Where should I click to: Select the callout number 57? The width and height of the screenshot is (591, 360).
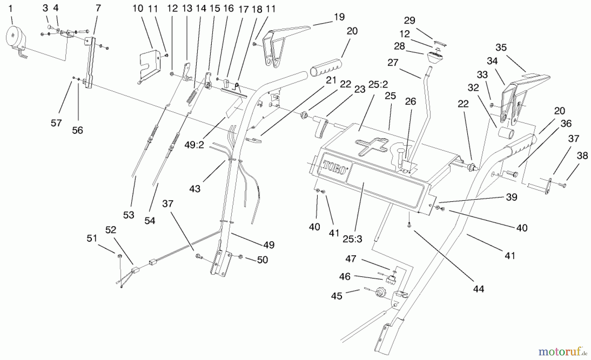pyautogui.click(x=56, y=123)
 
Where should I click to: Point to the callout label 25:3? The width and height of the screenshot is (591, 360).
pyautogui.click(x=352, y=239)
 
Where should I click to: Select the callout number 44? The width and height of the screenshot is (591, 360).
pyautogui.click(x=478, y=289)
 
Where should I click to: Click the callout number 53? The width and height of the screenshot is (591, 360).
pyautogui.click(x=129, y=215)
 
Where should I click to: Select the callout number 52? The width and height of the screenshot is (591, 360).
pyautogui.click(x=111, y=230)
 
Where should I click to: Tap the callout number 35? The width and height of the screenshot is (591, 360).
pyautogui.click(x=501, y=47)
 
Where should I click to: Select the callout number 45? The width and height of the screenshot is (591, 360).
pyautogui.click(x=337, y=296)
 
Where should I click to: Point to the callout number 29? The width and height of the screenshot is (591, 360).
pyautogui.click(x=409, y=20)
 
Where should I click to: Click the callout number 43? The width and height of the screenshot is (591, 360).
pyautogui.click(x=195, y=189)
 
